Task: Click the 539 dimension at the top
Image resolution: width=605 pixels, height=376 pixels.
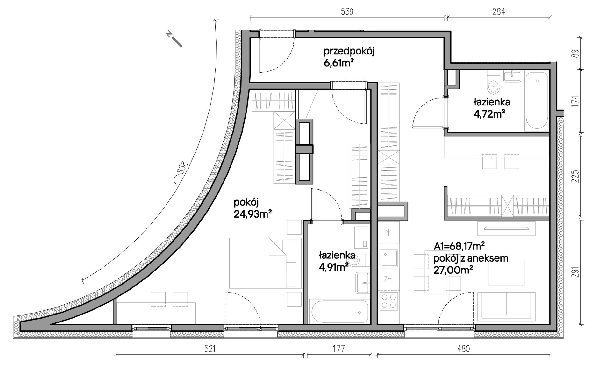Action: coord(347,12)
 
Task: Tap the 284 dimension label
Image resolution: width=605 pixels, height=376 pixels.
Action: coord(498,12)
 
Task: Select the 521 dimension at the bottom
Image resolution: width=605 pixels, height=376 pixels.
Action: coord(210,349)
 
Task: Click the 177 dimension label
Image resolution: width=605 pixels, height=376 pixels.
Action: coord(339,349)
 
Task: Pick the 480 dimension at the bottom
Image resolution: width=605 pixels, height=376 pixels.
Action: coord(463,349)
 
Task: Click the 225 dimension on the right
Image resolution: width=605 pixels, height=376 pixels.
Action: coord(575,176)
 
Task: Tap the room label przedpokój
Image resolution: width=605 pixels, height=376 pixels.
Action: coord(349,52)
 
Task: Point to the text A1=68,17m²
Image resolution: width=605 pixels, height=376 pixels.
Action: coord(459,246)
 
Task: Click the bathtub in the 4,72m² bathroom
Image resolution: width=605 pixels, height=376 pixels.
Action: coord(537,101)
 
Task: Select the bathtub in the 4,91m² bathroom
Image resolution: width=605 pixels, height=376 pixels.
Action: coord(340,312)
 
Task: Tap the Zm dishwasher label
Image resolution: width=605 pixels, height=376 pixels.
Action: coord(388,280)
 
